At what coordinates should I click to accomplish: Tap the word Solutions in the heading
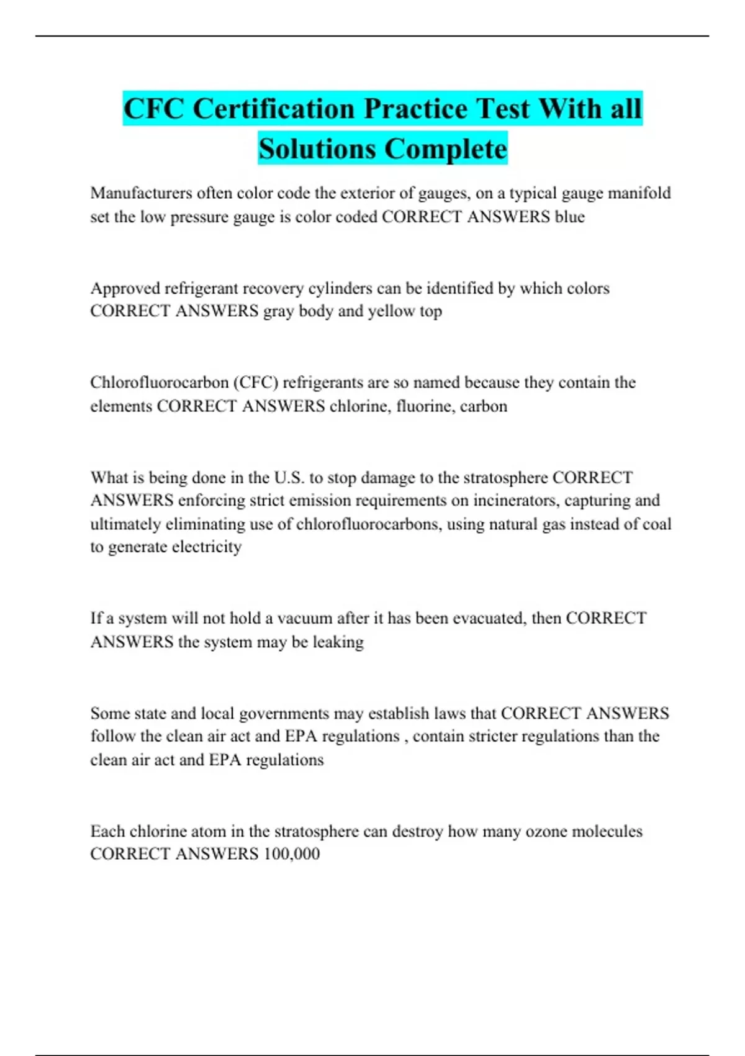click(x=317, y=149)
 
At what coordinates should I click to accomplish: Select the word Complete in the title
click(x=445, y=149)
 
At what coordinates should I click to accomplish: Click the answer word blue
click(x=570, y=217)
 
